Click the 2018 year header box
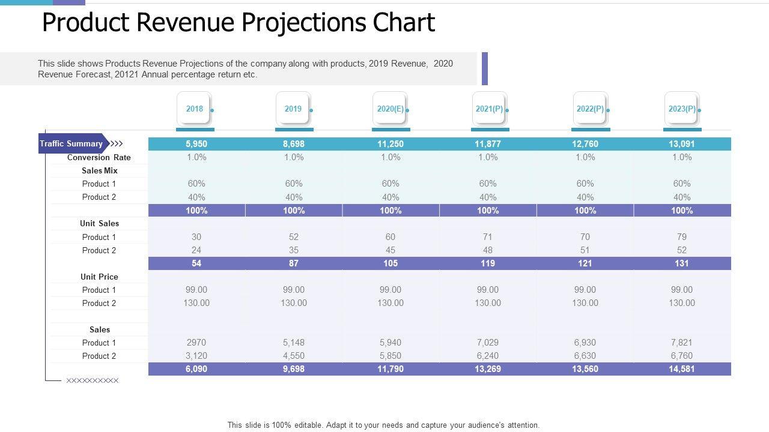195,109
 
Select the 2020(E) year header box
391,109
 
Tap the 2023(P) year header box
682,109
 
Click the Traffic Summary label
71,144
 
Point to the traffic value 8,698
294,144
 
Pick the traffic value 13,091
682,144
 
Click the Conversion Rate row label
99,157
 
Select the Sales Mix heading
100,170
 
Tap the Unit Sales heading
100,223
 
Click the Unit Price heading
100,277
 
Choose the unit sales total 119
488,263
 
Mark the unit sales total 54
196,263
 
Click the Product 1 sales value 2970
196,343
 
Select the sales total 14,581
682,369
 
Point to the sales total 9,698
294,369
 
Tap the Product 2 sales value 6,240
488,356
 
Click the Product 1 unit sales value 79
682,237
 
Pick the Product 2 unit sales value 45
391,250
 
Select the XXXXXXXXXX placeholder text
93,380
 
